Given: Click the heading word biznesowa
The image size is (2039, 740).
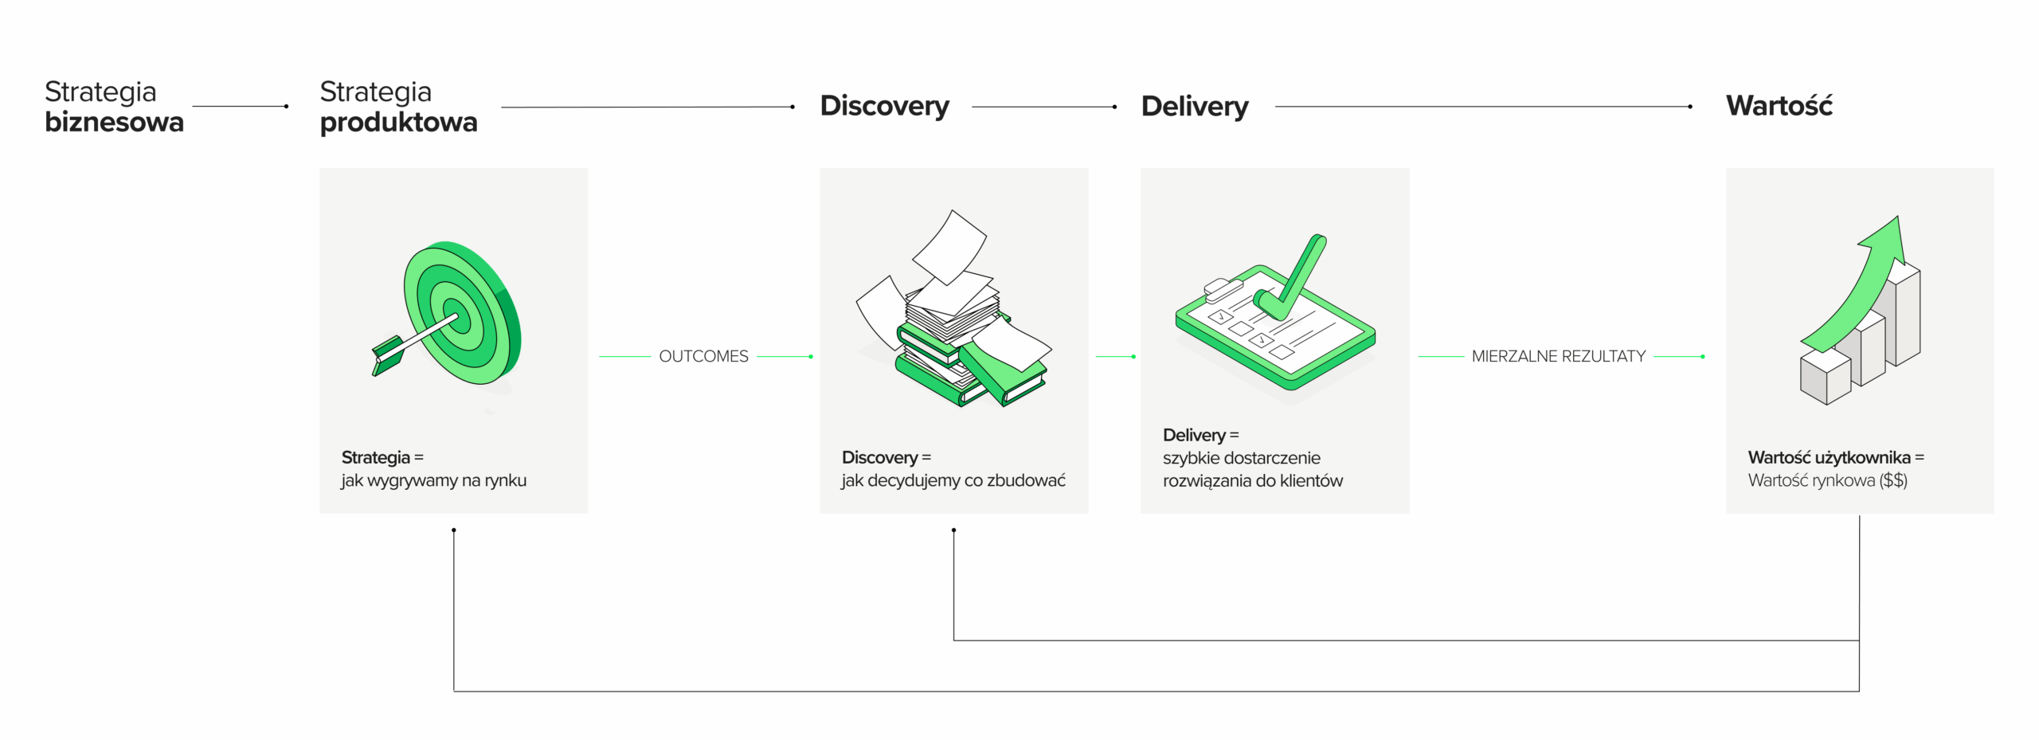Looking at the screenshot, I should tap(114, 122).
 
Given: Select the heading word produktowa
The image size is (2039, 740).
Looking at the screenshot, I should tap(398, 122).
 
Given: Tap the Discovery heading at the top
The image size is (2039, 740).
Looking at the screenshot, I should tap(884, 106).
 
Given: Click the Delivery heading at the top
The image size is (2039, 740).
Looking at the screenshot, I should tap(1194, 106).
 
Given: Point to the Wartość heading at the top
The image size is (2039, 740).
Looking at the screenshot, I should tap(1779, 105).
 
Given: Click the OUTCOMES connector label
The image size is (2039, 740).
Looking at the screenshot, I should tap(703, 356).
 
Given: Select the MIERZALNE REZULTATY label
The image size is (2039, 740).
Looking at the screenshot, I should tap(1558, 356).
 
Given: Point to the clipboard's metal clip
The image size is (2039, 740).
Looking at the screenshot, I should tap(1223, 288).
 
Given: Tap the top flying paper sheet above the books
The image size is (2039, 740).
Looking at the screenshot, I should tap(950, 247).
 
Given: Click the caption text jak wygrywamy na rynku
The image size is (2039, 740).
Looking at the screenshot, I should tap(433, 480).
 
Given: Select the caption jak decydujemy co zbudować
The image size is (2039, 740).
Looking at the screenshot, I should tap(953, 480).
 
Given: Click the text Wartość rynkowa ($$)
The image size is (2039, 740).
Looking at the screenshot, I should tap(1827, 480).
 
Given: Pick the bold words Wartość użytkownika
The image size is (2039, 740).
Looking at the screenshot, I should tap(1829, 457).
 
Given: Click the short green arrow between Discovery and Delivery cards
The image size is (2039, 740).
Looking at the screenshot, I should tap(1115, 356).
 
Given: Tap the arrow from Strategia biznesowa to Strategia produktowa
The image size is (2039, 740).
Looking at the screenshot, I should tap(239, 106).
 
